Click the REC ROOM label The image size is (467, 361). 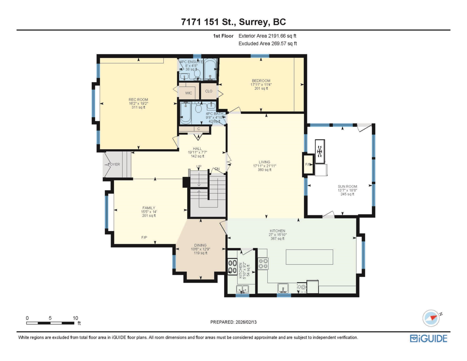point(138,100)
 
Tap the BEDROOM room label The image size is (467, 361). point(261,81)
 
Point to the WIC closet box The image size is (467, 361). point(189,93)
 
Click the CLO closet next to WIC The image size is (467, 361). point(208,92)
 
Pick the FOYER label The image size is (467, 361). point(114,164)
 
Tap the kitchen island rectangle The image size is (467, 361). point(309,257)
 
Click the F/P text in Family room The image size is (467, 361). point(144,237)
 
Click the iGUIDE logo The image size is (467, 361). point(428,338)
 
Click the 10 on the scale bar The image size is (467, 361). point(75,318)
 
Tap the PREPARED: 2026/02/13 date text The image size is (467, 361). point(234,322)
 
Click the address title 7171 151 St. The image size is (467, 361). point(233,22)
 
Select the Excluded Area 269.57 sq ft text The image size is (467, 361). point(267,44)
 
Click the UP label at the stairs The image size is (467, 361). point(198,167)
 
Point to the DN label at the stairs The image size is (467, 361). point(217,169)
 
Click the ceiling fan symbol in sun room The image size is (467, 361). point(320,151)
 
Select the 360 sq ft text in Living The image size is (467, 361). point(264,170)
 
